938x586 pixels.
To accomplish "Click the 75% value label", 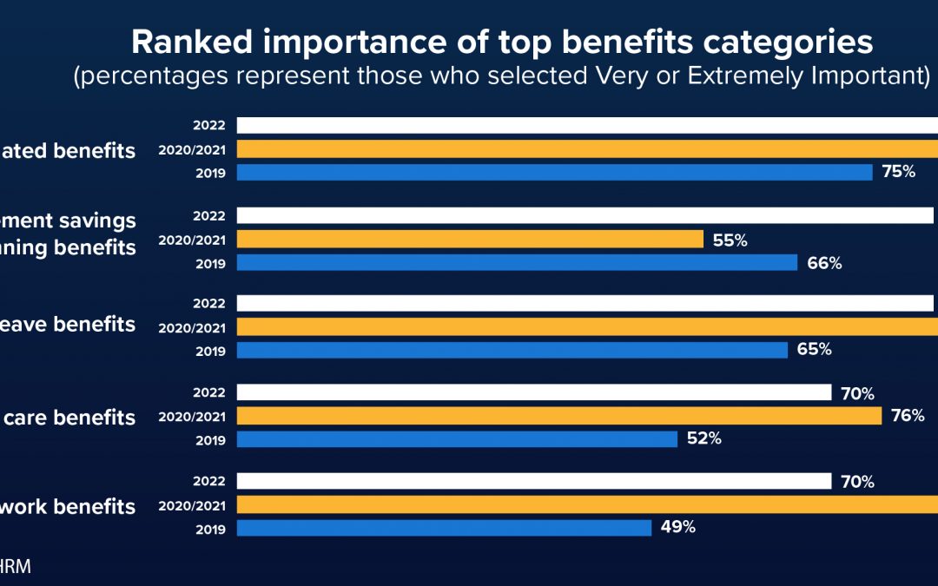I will click(898, 172).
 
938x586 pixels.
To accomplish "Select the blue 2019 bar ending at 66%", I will click(517, 262).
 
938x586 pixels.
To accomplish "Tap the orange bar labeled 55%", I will click(470, 240).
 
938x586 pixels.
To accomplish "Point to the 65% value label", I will click(814, 350).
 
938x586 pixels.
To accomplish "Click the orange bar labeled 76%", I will click(559, 417).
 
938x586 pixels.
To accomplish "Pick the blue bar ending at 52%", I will click(457, 439).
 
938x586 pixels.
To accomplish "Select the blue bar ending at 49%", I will click(444, 528).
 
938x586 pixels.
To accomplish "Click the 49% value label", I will click(677, 527).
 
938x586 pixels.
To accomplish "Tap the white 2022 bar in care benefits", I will click(534, 393).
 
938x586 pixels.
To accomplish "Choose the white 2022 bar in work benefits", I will click(534, 481).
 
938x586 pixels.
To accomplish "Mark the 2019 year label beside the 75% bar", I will click(211, 173).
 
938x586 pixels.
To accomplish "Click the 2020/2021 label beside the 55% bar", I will click(192, 240).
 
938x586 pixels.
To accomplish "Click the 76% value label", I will click(908, 416).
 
